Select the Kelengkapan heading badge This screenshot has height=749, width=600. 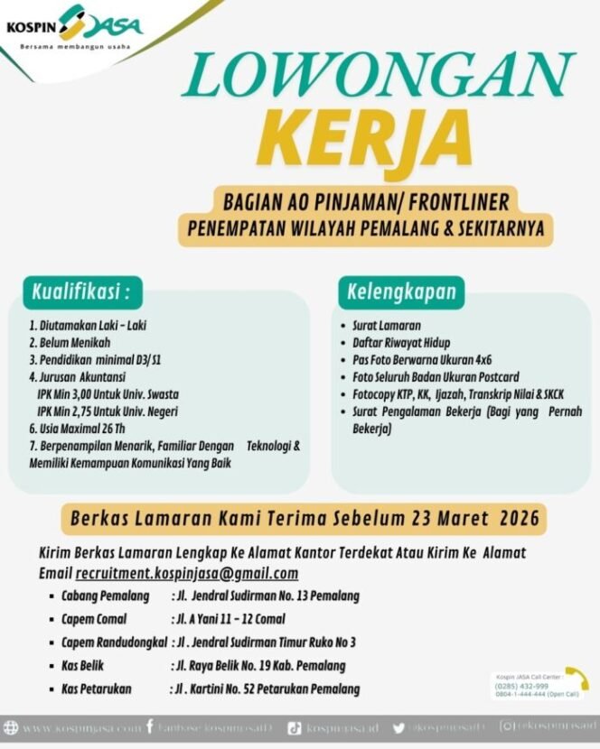coord(402,291)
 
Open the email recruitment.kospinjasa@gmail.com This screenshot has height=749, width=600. coord(187,574)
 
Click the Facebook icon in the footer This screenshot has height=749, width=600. coord(150,726)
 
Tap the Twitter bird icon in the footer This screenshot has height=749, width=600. coord(398,726)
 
